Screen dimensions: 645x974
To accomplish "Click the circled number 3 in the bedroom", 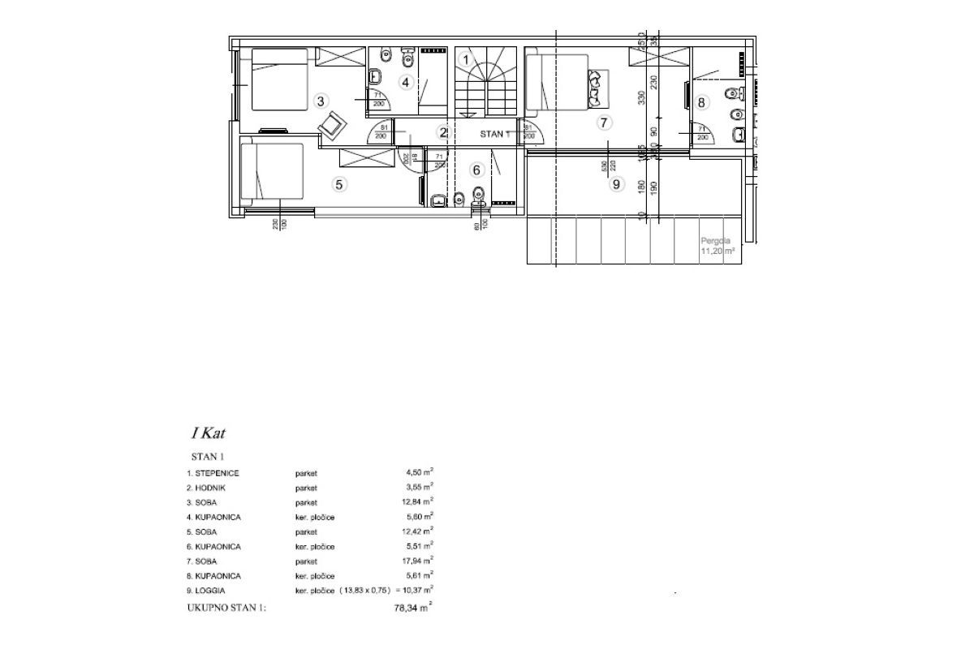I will (x=321, y=101).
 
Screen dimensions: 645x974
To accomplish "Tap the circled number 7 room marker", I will (x=602, y=123).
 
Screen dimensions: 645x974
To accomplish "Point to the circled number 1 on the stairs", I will (x=466, y=58).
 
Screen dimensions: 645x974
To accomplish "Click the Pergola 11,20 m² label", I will (x=718, y=247).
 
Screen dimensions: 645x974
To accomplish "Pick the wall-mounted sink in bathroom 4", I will (x=376, y=77).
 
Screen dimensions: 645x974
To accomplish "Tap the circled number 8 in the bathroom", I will (x=703, y=102).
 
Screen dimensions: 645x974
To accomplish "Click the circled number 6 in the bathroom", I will (x=476, y=170).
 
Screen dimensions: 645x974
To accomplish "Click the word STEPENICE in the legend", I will (x=216, y=472).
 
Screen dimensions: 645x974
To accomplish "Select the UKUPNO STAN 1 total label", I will (x=226, y=607).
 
